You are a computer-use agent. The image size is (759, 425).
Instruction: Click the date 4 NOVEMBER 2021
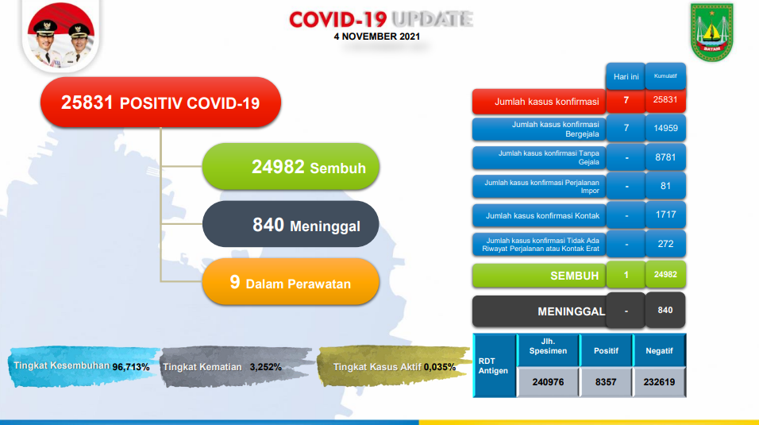(377, 36)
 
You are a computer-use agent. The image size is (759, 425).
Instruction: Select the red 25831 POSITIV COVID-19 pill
(160, 102)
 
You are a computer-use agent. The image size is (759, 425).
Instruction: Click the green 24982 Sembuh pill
(290, 168)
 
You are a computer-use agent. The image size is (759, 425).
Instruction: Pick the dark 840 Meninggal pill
(290, 226)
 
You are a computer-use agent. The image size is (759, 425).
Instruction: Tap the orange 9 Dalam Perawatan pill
(290, 283)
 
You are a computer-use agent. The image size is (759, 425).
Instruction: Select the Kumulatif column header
(665, 76)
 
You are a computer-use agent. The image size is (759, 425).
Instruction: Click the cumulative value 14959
(665, 129)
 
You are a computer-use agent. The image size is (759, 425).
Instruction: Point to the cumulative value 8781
(665, 157)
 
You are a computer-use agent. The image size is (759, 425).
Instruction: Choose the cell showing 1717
(665, 215)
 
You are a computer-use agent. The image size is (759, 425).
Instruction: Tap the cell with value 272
(665, 244)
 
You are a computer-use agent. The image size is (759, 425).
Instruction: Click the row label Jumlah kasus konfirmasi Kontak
(538, 215)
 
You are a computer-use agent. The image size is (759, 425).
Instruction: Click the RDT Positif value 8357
(606, 381)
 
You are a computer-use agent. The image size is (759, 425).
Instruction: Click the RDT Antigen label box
(492, 365)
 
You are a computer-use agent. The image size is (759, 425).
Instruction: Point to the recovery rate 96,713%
(131, 367)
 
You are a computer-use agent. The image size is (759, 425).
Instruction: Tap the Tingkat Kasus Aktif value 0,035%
(440, 367)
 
